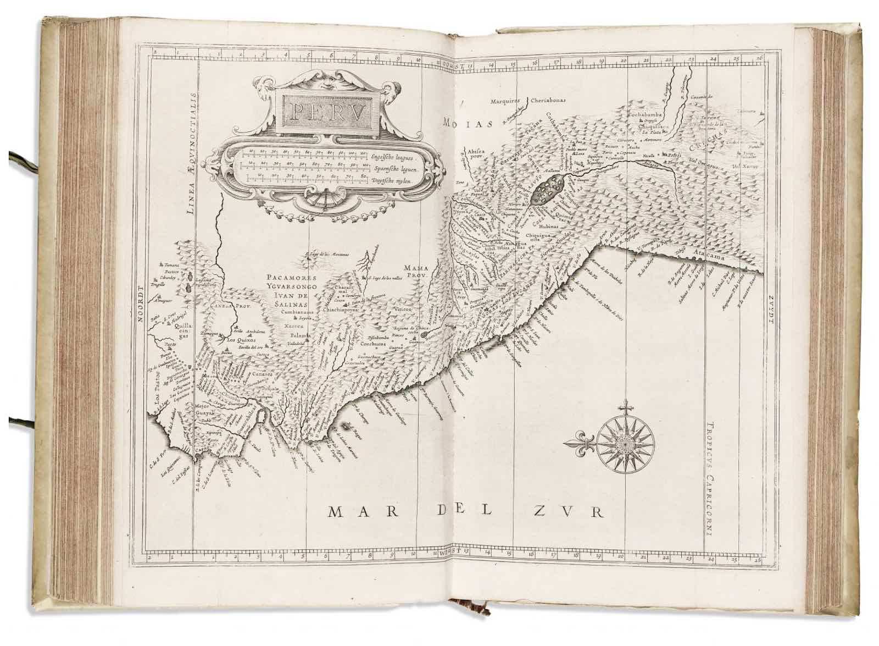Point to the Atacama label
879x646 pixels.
[711, 257]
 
